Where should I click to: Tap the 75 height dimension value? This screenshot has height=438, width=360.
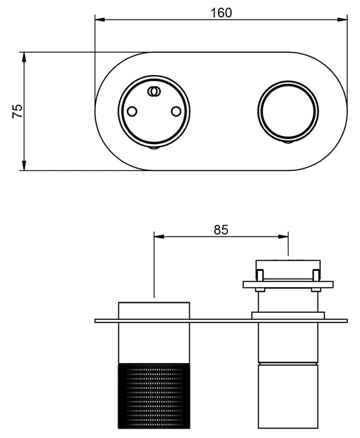point(18,112)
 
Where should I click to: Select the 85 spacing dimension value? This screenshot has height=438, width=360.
point(221,229)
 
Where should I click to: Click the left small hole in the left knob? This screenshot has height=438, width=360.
point(133,111)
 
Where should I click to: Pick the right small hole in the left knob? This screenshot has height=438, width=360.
point(177,111)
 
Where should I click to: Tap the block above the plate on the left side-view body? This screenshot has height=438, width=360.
point(155,310)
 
